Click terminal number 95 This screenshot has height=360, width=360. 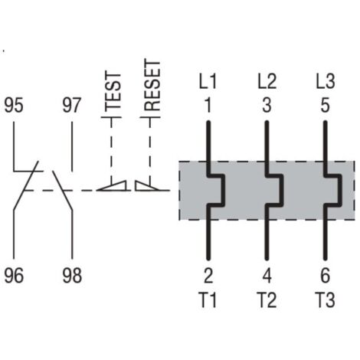point(14,105)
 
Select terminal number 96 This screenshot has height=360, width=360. point(14,276)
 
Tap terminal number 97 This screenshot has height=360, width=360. point(72,105)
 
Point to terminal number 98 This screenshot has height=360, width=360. point(72,276)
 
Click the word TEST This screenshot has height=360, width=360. point(113,91)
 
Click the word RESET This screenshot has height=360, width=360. point(152,85)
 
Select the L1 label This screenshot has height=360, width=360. point(208,81)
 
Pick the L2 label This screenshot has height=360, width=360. point(267,81)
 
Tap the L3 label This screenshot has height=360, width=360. point(326,81)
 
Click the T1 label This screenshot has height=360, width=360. point(208,299)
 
